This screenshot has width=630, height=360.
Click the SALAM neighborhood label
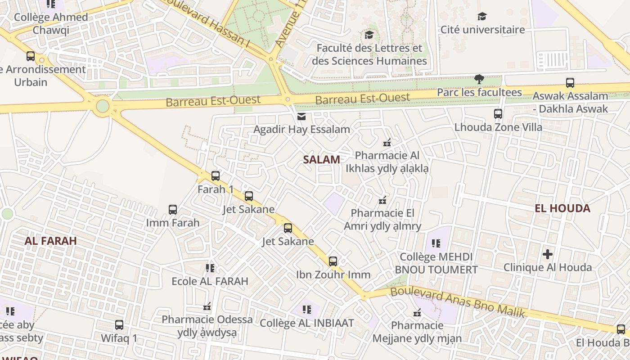point(321,159)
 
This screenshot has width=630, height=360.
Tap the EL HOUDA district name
point(562,208)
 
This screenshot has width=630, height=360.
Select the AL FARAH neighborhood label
point(51,241)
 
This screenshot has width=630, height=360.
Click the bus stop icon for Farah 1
point(216,176)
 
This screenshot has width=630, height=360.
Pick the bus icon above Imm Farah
point(173,209)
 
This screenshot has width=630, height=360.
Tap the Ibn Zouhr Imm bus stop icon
point(333,261)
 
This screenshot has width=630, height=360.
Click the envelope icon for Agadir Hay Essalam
point(301,117)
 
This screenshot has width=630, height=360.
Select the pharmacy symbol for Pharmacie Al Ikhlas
point(387,143)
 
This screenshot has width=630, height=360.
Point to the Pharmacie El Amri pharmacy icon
point(382,200)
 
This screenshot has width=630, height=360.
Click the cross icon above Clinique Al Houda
point(547,254)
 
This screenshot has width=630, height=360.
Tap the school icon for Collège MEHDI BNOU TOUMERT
point(436,243)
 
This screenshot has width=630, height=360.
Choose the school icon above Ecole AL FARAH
point(210,268)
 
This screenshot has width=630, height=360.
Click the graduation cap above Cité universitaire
point(482,17)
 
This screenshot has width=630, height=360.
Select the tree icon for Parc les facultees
point(479,79)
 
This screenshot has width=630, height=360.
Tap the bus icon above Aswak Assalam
point(570,83)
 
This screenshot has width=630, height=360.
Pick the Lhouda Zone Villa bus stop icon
point(498,114)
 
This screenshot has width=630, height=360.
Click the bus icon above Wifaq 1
point(119,325)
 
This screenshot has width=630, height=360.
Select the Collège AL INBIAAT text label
point(307,323)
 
